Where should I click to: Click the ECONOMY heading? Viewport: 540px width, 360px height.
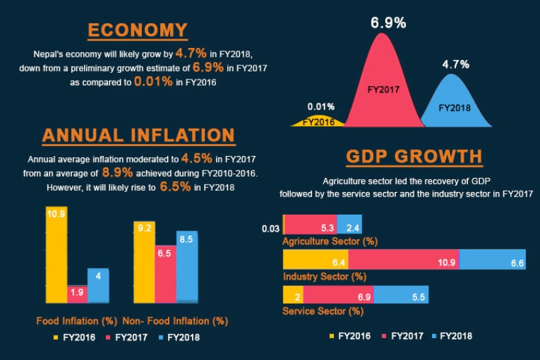[x=137, y=31]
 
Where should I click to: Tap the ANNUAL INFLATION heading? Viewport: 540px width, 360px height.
[x=138, y=135]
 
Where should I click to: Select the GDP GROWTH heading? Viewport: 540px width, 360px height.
[x=414, y=157]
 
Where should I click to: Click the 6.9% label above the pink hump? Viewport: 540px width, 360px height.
[x=388, y=23]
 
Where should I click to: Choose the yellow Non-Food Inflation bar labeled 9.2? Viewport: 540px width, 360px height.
[x=144, y=263]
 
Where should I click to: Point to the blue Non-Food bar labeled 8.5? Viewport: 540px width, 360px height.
[x=187, y=267]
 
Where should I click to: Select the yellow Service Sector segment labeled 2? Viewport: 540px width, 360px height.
[x=293, y=295]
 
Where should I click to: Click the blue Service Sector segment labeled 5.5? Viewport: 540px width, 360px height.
[x=401, y=295]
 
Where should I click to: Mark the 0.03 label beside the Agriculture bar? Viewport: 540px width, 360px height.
[x=271, y=229]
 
